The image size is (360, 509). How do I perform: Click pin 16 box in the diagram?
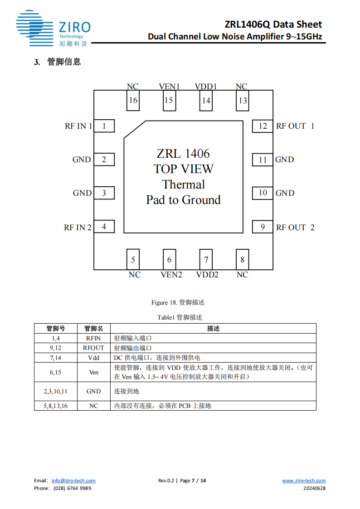click(x=133, y=100)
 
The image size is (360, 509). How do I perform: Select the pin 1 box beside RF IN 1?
click(x=104, y=126)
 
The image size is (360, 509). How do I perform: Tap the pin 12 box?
click(x=263, y=126)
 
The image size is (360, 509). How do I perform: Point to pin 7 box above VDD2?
click(x=206, y=259)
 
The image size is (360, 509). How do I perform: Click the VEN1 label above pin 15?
click(x=169, y=87)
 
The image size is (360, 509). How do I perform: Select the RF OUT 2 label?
click(x=295, y=228)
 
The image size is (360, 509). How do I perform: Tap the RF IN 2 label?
click(x=78, y=228)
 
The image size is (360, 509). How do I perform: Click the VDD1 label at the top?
click(x=206, y=87)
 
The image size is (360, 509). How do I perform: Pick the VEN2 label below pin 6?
click(x=171, y=275)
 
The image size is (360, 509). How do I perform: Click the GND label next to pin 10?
click(x=285, y=193)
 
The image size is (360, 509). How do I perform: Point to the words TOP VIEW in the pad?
click(x=183, y=169)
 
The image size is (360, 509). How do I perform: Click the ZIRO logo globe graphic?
click(x=31, y=28)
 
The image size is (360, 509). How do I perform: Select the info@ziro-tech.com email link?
click(x=73, y=481)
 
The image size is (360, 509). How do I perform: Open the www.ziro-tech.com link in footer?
click(x=304, y=481)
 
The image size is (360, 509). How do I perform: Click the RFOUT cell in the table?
click(x=93, y=348)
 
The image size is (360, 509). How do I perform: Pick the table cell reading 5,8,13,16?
click(x=55, y=406)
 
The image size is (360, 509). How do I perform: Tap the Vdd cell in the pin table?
click(x=93, y=358)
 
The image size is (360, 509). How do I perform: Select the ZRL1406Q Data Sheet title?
click(x=273, y=24)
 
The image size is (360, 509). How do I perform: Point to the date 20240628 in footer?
click(x=314, y=488)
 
